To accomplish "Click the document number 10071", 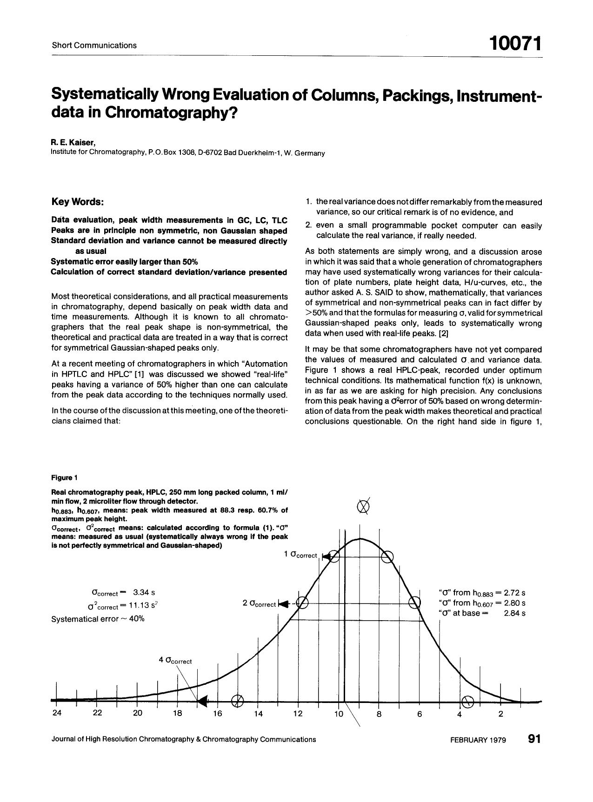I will pos(515,44).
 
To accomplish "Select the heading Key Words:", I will pos(78,202).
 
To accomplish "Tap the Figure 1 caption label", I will pos(64,477).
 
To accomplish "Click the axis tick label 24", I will pos(57,714).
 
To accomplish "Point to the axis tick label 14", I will pos(258,714).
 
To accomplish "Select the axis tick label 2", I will pos(500,714).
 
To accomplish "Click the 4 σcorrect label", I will pos(175,660).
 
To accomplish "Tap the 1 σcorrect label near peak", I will pos(300,554).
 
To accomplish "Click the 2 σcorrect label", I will pos(259,603).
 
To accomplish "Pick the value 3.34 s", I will pos(144,592).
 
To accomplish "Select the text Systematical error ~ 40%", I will pos(98,619).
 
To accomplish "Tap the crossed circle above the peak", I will pos(364,506).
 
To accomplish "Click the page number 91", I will pos(534,739).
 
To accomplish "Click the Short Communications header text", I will pos(94,45).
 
